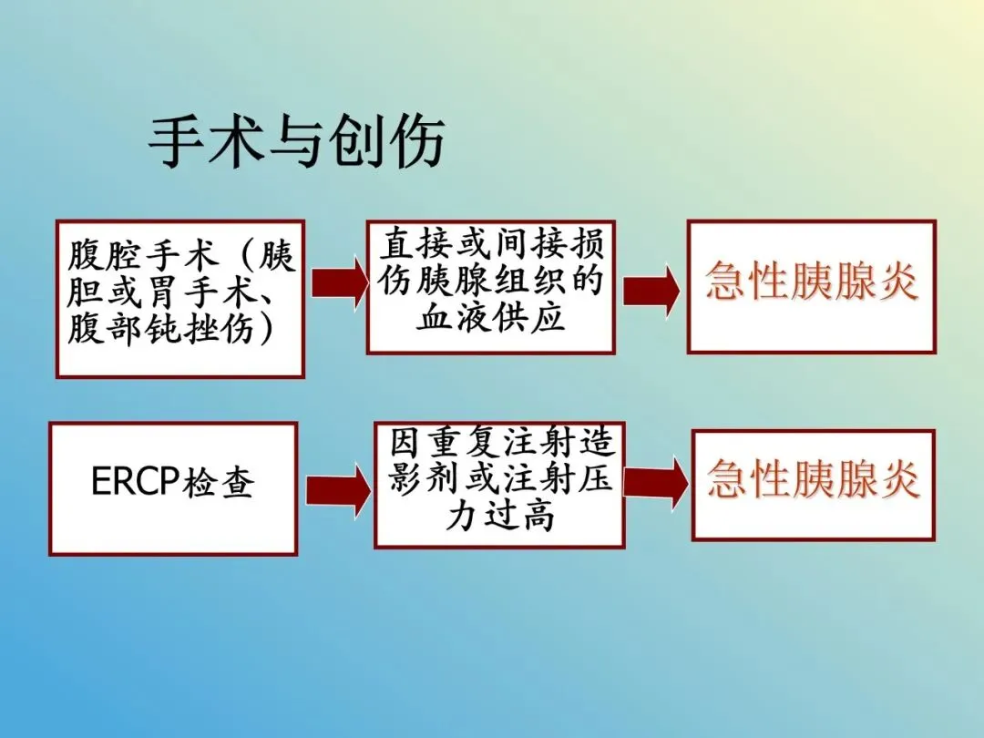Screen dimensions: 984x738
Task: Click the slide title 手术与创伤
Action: tap(297, 142)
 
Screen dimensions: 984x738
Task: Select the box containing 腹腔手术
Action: tap(180, 299)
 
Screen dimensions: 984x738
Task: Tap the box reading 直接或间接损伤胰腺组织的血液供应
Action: tap(490, 286)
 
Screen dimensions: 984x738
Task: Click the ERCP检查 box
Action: tap(173, 488)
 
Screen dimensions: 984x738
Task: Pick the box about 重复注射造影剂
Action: tap(499, 483)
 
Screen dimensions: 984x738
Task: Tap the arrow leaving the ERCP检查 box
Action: tap(337, 490)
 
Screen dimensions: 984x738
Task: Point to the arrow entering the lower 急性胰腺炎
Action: tap(655, 481)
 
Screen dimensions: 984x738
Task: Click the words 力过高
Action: tap(499, 517)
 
